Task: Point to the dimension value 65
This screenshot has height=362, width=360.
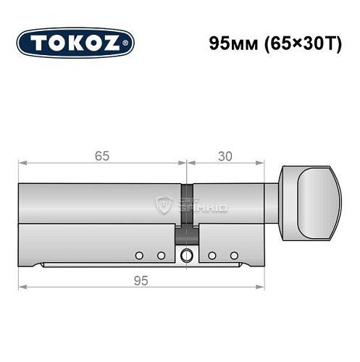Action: click(x=103, y=153)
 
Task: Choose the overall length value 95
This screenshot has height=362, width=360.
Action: click(x=138, y=281)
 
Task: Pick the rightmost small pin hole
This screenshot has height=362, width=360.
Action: click(x=233, y=255)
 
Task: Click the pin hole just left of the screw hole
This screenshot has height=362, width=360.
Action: click(x=162, y=255)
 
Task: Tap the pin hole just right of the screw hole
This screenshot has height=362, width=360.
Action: click(x=212, y=255)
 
